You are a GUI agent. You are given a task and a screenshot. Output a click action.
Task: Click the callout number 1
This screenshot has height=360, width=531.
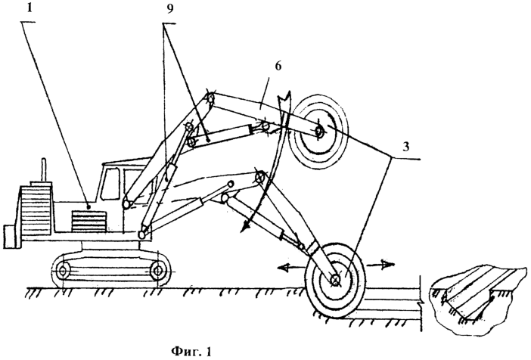(x=29, y=8)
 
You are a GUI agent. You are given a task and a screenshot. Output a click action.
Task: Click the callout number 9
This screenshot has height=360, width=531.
(x=169, y=9)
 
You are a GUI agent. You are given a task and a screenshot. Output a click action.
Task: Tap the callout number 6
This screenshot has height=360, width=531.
(x=278, y=66)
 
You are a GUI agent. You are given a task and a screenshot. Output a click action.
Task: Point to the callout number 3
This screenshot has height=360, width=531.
(x=405, y=147)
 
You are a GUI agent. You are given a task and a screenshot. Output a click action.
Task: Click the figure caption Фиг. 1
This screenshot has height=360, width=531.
(x=191, y=351)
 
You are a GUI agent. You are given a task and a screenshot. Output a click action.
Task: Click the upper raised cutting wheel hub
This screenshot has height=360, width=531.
(x=318, y=131)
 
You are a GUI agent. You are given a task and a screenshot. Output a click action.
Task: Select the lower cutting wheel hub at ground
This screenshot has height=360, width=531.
(x=335, y=279)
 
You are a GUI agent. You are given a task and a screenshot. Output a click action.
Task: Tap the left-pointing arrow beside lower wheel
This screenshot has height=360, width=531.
(x=291, y=268)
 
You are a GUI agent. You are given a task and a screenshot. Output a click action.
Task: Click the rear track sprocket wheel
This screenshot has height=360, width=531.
(x=63, y=271)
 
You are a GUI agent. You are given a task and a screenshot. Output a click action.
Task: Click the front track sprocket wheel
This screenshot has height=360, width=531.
(x=157, y=270)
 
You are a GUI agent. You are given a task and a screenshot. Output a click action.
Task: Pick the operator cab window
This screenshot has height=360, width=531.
(x=110, y=185)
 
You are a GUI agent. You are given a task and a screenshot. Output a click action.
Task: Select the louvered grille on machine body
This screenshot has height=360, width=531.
(x=89, y=222)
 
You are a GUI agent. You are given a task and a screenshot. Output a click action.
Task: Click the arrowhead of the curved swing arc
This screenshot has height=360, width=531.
(x=244, y=227)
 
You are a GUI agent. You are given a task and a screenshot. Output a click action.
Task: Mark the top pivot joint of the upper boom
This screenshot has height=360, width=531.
(x=210, y=98)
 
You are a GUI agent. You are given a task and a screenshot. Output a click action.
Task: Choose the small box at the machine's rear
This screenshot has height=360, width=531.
(x=10, y=237)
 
